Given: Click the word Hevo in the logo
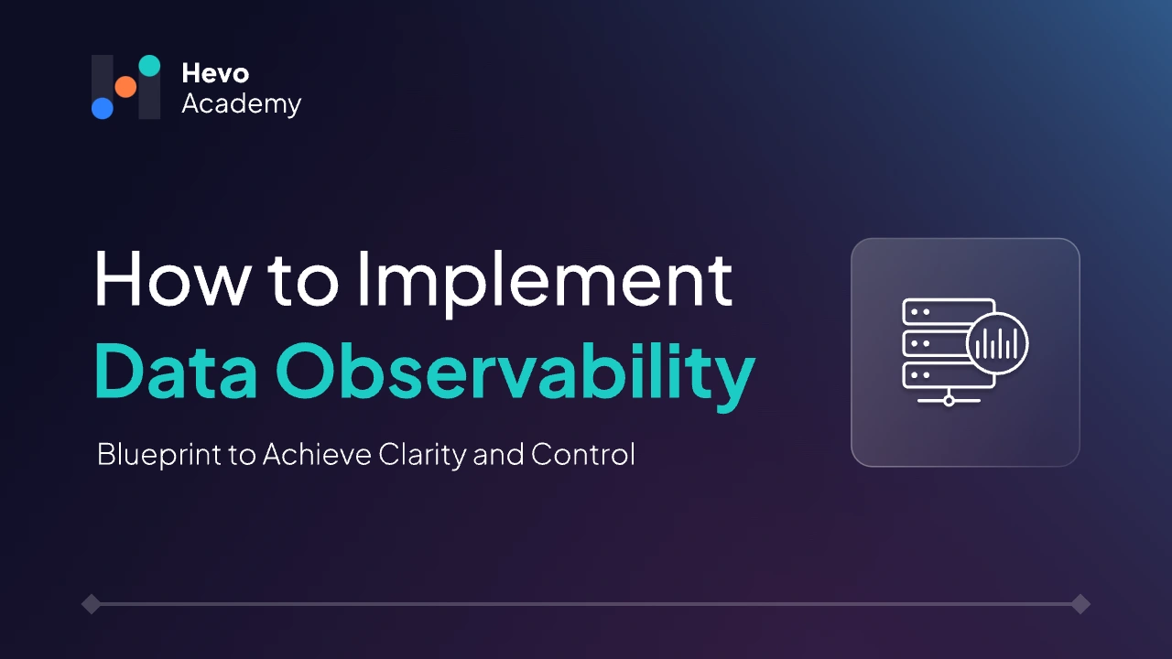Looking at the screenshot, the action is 215,73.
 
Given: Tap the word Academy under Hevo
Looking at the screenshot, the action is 241,103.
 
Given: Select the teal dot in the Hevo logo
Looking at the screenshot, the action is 149,65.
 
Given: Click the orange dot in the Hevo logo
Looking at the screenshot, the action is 125,87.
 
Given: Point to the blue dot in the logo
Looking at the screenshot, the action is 103,108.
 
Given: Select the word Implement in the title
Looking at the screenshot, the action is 545,284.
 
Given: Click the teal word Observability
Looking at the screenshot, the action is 515,375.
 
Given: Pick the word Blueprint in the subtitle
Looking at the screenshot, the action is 159,455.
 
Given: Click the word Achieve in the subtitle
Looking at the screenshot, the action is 317,454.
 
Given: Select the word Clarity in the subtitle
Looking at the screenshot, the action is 422,455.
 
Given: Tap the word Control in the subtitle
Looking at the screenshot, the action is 583,454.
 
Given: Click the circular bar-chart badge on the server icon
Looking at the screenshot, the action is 997,343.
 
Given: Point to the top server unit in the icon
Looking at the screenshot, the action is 948,312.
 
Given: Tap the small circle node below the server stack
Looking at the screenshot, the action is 950,401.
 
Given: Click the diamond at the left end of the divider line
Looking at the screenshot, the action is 91,604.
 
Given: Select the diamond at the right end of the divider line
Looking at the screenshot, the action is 1080,604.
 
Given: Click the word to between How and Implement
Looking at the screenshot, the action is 303,281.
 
